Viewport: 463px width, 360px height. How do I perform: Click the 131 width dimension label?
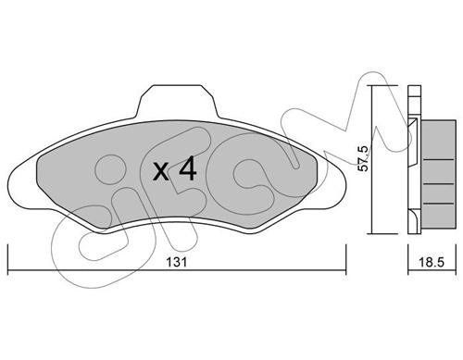click(177, 262)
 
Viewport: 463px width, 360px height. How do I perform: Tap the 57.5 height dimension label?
click(363, 158)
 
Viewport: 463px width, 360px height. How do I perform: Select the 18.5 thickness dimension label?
click(432, 262)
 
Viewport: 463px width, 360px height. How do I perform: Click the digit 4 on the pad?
click(188, 168)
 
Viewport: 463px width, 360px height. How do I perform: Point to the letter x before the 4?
click(161, 172)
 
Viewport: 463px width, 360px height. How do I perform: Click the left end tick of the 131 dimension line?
click(7, 260)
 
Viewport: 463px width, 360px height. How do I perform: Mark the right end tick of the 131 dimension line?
click(346, 260)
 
